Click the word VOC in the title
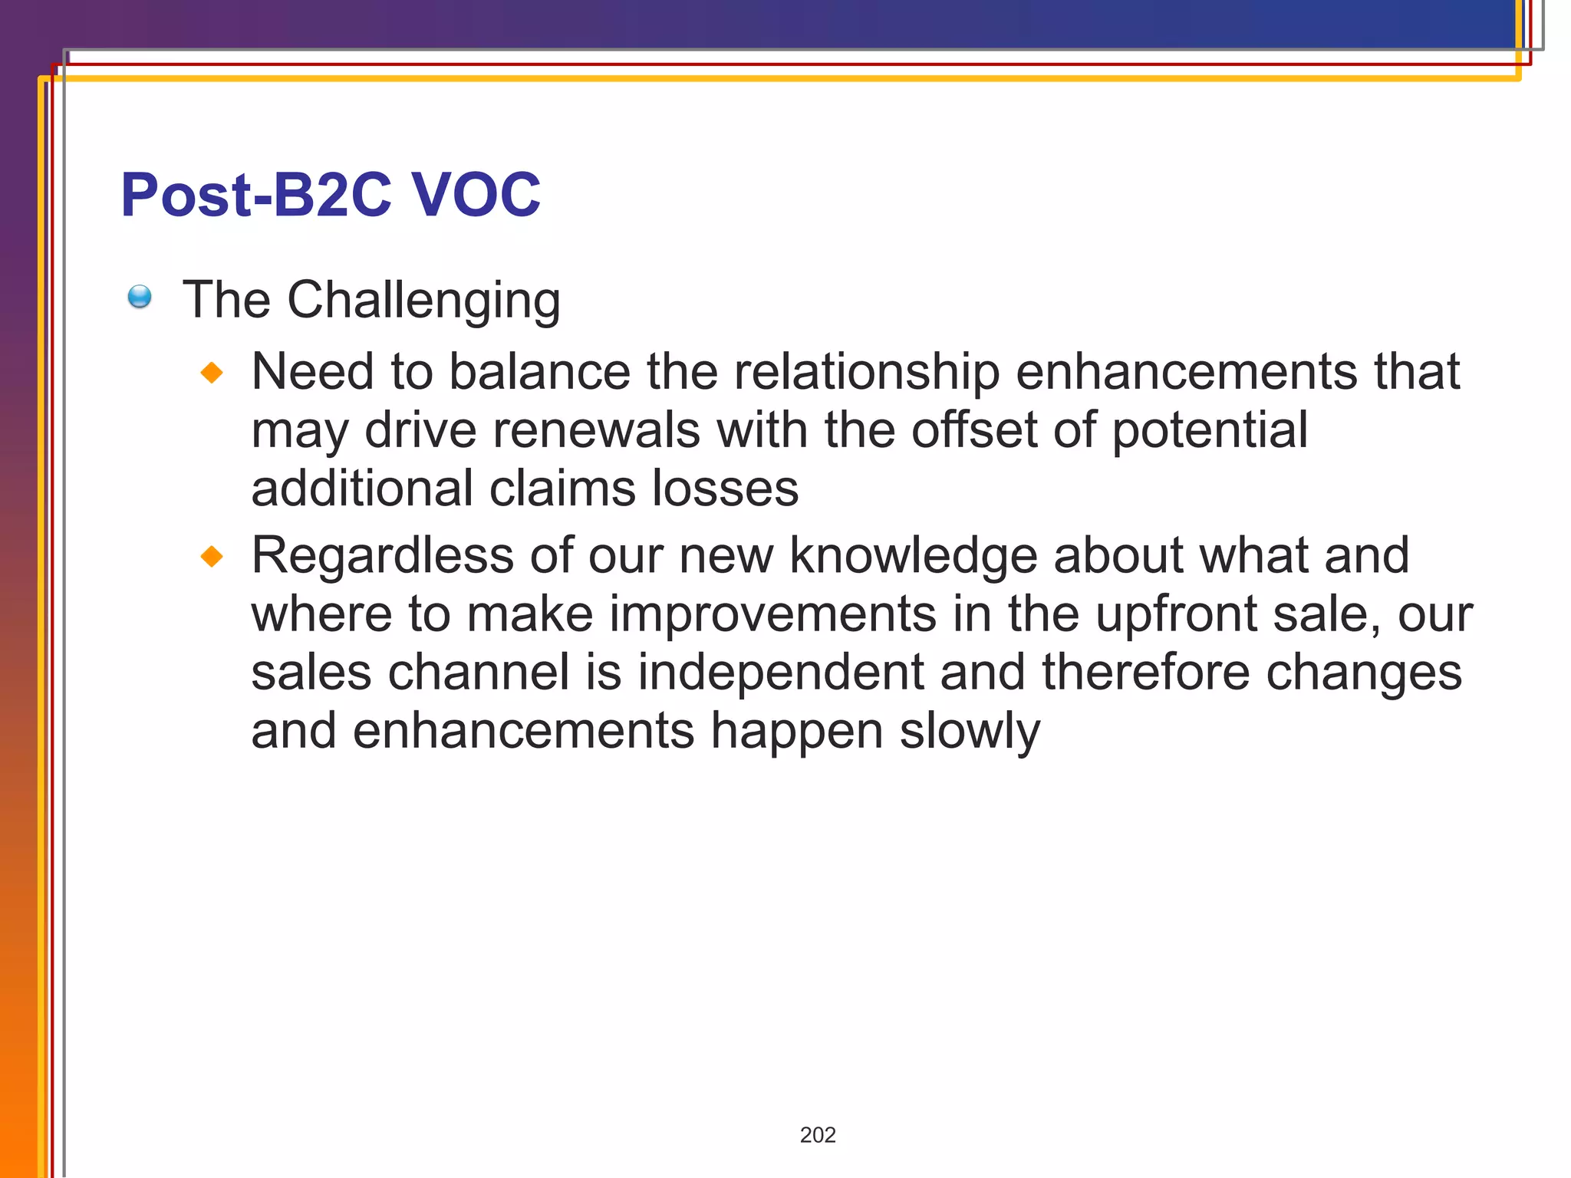tap(476, 195)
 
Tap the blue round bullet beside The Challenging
tap(140, 297)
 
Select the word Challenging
tap(423, 300)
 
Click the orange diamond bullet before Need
tap(212, 373)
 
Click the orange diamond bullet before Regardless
tap(212, 556)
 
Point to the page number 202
tap(818, 1135)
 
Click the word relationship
tap(867, 372)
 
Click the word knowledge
tap(913, 556)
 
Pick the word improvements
tap(773, 614)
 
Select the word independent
tap(780, 673)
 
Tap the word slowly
tap(970, 731)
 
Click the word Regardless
tap(382, 556)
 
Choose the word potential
tap(1210, 430)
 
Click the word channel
tap(479, 673)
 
